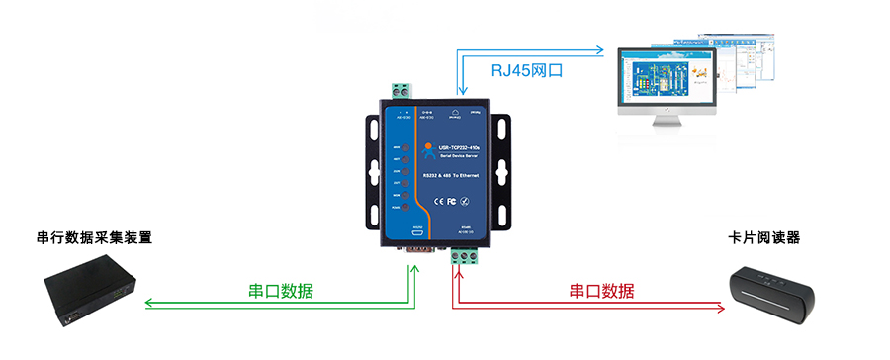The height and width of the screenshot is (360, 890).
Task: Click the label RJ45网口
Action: [x=533, y=72]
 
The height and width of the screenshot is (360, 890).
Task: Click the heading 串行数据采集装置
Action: [x=94, y=238]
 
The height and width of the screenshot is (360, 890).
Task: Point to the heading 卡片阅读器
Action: [x=762, y=238]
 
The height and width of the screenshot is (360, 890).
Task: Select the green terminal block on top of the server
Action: [x=401, y=90]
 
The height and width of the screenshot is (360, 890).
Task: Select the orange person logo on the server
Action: [x=427, y=150]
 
